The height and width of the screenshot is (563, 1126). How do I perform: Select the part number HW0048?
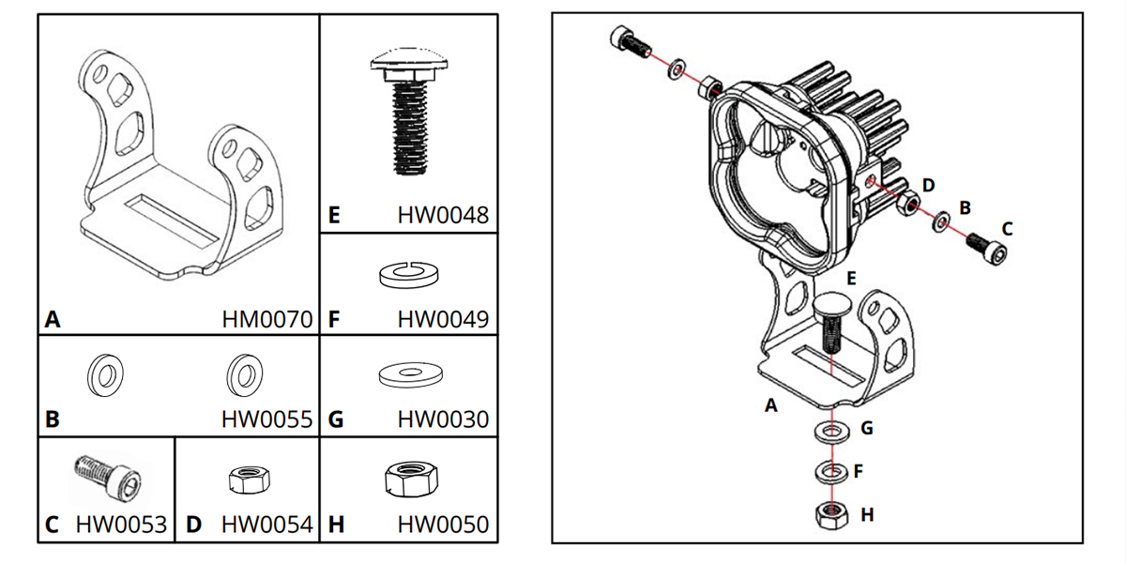point(443,216)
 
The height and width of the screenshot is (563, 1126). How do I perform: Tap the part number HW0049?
point(443,320)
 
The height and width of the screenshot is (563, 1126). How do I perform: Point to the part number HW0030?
point(443,419)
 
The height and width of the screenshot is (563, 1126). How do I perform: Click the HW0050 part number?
point(443,524)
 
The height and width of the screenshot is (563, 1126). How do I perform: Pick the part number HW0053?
point(121,524)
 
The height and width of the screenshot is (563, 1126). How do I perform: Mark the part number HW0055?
point(267,419)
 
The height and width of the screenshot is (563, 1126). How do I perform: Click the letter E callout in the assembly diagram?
point(851,279)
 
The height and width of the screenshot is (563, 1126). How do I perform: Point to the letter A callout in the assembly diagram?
point(771,405)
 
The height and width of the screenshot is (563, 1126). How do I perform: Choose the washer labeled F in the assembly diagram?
point(828,471)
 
